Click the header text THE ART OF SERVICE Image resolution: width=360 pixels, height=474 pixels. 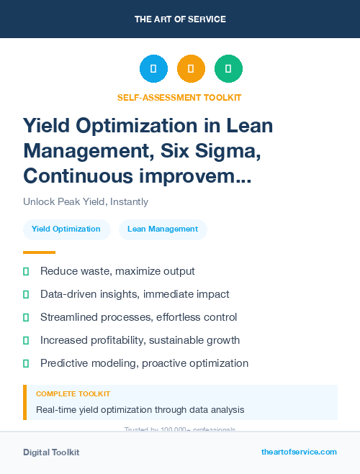[x=180, y=19]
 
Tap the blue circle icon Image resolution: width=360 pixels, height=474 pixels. [x=153, y=69]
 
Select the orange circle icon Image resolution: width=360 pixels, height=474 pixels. [x=191, y=69]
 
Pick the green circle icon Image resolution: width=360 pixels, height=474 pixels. [x=228, y=69]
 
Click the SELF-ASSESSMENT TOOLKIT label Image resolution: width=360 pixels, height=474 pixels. [x=179, y=97]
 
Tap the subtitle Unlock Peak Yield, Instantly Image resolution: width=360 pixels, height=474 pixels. [x=86, y=202]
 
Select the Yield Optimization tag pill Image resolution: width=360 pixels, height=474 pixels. [x=66, y=229]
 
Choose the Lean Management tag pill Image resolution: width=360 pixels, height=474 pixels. [x=163, y=229]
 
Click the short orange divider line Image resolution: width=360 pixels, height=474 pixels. [x=39, y=252]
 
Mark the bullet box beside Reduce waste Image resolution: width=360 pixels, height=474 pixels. [x=26, y=272]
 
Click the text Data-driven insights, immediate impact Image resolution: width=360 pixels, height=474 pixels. [x=135, y=294]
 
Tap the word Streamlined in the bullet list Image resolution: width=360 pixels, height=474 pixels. [x=70, y=317]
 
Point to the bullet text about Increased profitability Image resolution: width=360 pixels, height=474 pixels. [x=140, y=340]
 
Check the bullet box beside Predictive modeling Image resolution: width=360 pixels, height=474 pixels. [x=26, y=364]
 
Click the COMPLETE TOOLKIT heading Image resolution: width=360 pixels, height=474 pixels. [x=73, y=394]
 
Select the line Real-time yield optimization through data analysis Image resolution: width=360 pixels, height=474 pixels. [x=140, y=410]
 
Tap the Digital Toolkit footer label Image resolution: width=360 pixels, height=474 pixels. [x=51, y=452]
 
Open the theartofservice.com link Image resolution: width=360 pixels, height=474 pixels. [x=299, y=452]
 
